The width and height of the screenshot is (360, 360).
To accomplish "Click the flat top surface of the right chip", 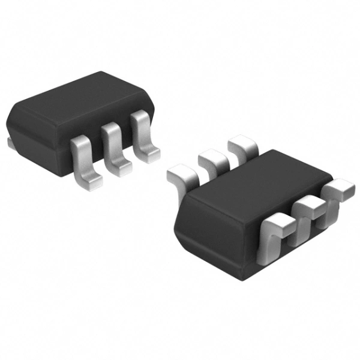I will click(258, 180).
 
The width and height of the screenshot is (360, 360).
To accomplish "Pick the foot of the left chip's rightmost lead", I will click(150, 155).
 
